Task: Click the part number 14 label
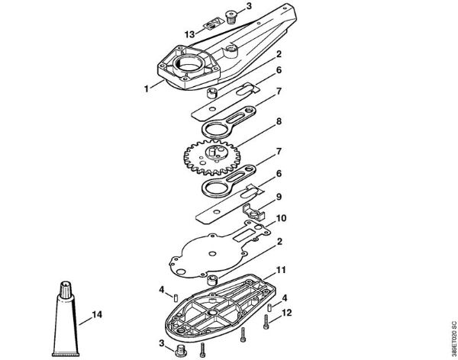click(97, 315)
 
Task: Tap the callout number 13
click(189, 34)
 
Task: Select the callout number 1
click(147, 88)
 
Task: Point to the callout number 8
click(279, 121)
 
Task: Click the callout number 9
click(279, 197)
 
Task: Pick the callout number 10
click(281, 218)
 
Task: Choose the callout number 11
click(281, 270)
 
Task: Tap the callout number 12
click(286, 313)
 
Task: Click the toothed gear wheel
click(212, 157)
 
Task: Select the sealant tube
click(66, 319)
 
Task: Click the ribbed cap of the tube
click(66, 289)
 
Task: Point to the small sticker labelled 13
click(211, 25)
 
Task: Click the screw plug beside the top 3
click(231, 17)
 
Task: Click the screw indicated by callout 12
click(266, 322)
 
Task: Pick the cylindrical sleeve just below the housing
click(212, 93)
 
